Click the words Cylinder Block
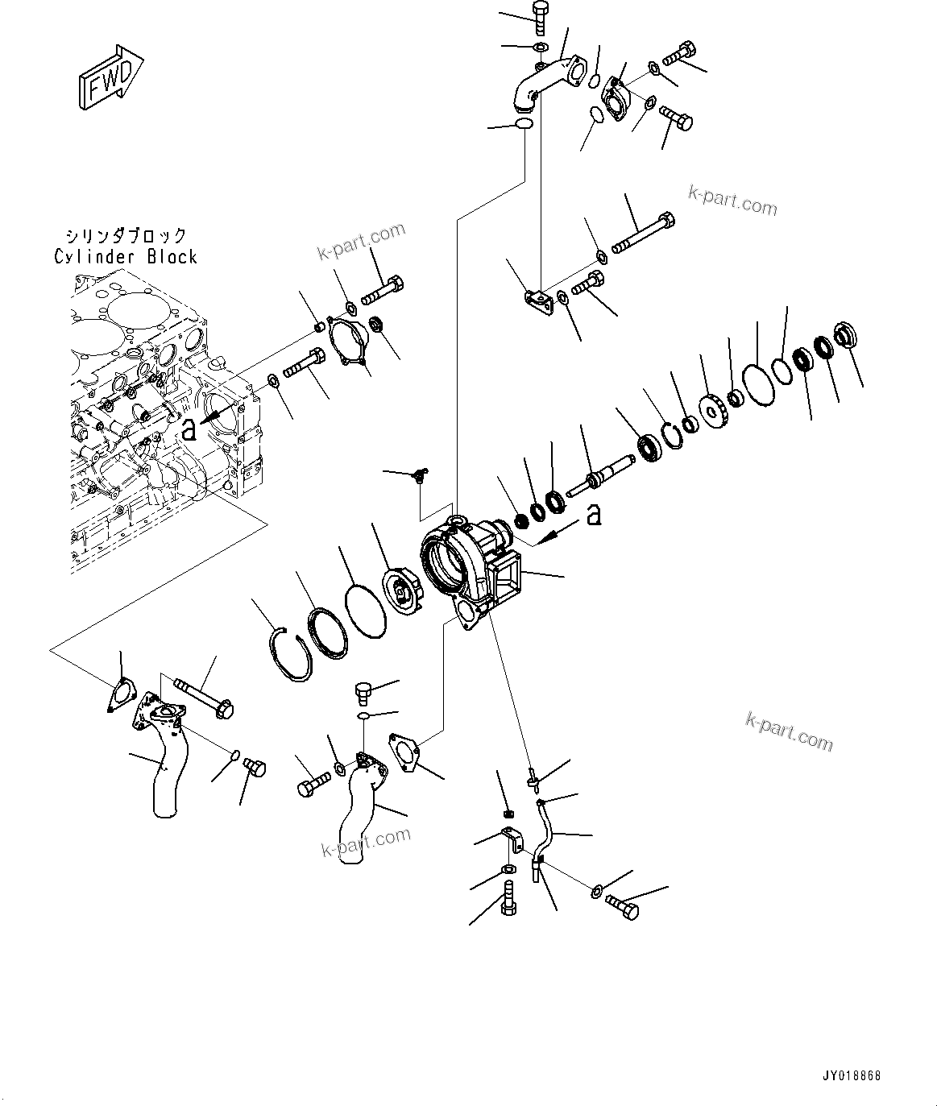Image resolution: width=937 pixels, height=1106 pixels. coord(126,257)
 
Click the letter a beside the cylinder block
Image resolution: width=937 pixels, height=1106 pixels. coord(189,430)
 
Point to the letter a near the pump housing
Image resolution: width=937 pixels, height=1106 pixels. coord(594,514)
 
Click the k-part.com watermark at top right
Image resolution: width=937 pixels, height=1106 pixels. coord(732,199)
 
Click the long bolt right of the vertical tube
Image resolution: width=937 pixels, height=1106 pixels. coord(642,232)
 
